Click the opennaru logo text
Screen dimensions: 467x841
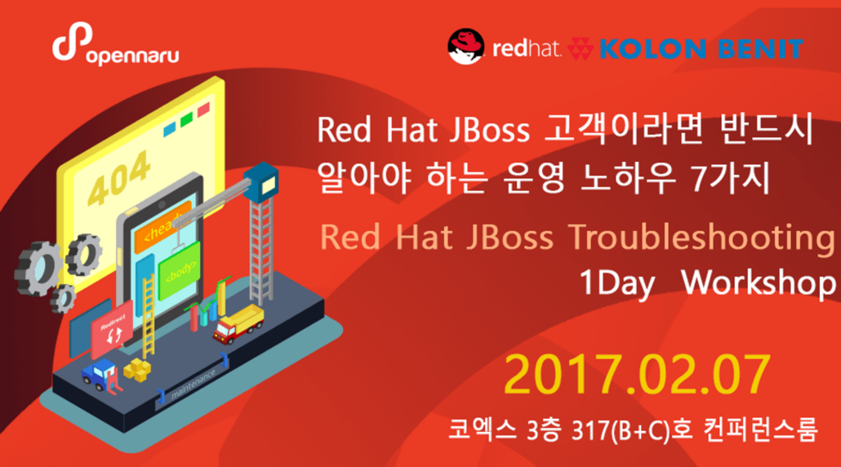[131, 55]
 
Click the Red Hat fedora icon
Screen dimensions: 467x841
[466, 47]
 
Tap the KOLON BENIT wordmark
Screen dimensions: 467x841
[701, 49]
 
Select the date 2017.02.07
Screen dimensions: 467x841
[637, 375]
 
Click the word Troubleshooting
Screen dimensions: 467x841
[695, 238]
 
